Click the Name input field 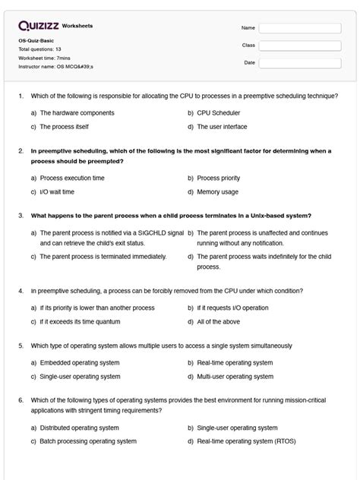299,28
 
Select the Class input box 299,46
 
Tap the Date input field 299,63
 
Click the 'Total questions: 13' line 40,49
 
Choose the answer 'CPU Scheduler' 216,112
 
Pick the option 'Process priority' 219,178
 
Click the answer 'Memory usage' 217,192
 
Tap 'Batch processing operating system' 88,441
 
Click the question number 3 21,215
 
